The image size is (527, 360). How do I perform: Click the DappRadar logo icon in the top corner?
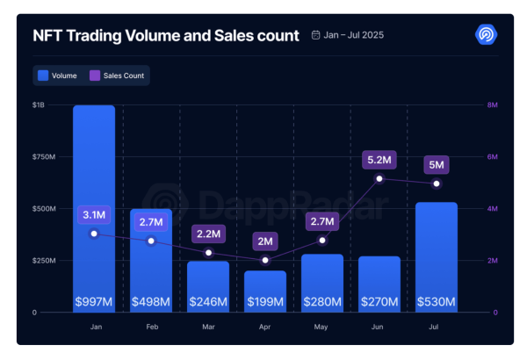pyautogui.click(x=486, y=35)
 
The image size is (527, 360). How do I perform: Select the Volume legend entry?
pyautogui.click(x=58, y=76)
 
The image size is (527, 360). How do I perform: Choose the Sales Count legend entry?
pyautogui.click(x=119, y=76)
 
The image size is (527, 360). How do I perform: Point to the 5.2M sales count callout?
pyautogui.click(x=379, y=160)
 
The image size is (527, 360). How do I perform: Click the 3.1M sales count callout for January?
pyautogui.click(x=94, y=214)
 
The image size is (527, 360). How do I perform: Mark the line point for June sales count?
pyautogui.click(x=379, y=178)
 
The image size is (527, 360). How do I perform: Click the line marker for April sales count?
pyautogui.click(x=265, y=260)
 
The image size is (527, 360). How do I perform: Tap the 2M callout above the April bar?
pyautogui.click(x=265, y=241)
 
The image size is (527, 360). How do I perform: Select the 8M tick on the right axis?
pyautogui.click(x=493, y=105)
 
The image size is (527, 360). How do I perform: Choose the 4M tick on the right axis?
pyautogui.click(x=493, y=209)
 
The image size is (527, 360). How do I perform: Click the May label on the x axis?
pyautogui.click(x=322, y=327)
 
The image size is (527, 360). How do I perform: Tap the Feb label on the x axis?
pyautogui.click(x=151, y=327)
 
